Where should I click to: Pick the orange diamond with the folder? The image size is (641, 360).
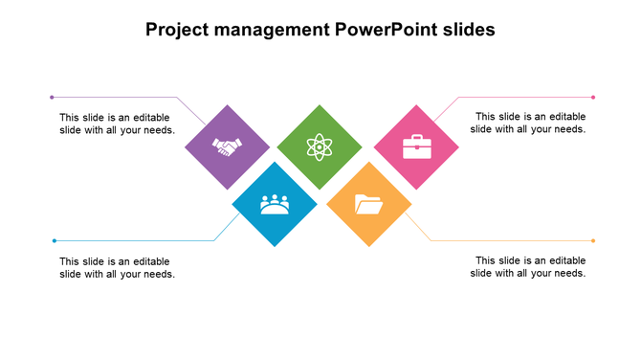pos(368,222)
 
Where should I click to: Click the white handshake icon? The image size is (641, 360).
pos(227,147)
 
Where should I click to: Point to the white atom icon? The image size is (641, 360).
pos(320,147)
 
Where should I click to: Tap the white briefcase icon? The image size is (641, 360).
pos(416,146)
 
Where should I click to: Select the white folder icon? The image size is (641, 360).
pos(368,204)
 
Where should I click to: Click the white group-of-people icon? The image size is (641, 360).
pos(275,204)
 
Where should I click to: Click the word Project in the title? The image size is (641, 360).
pos(179,30)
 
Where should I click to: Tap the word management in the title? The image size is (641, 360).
pos(274,30)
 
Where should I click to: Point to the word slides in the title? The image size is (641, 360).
pos(469,30)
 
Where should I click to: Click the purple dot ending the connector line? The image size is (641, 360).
pos(52,97)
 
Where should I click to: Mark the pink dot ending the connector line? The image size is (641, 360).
pos(593,97)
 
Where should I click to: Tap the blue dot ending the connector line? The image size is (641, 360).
pos(55,240)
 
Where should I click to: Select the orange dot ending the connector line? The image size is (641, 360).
pos(593,240)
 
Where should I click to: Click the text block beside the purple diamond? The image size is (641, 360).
pos(117,124)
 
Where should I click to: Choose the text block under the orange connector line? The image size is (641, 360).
pos(528,266)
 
